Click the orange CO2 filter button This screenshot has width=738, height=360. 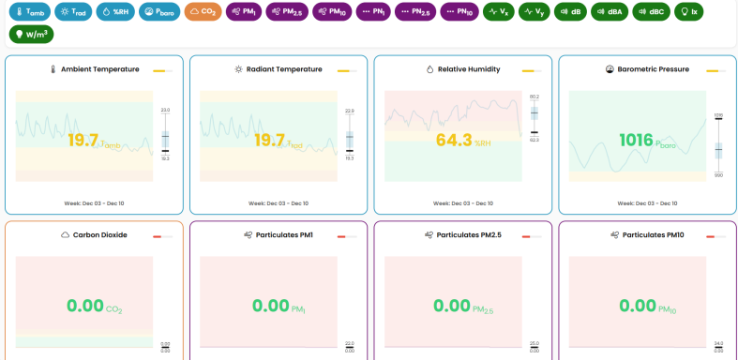click(x=202, y=12)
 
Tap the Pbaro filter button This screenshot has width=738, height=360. click(x=159, y=12)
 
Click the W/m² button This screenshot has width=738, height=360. click(x=31, y=35)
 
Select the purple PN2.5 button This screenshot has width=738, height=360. click(x=414, y=12)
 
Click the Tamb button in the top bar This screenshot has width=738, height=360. click(x=29, y=12)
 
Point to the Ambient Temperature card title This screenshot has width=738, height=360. click(x=100, y=69)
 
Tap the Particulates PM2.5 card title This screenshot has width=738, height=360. click(x=469, y=235)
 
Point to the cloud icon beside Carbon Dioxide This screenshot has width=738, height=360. click(x=65, y=235)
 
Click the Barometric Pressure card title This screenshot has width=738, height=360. click(x=654, y=69)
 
